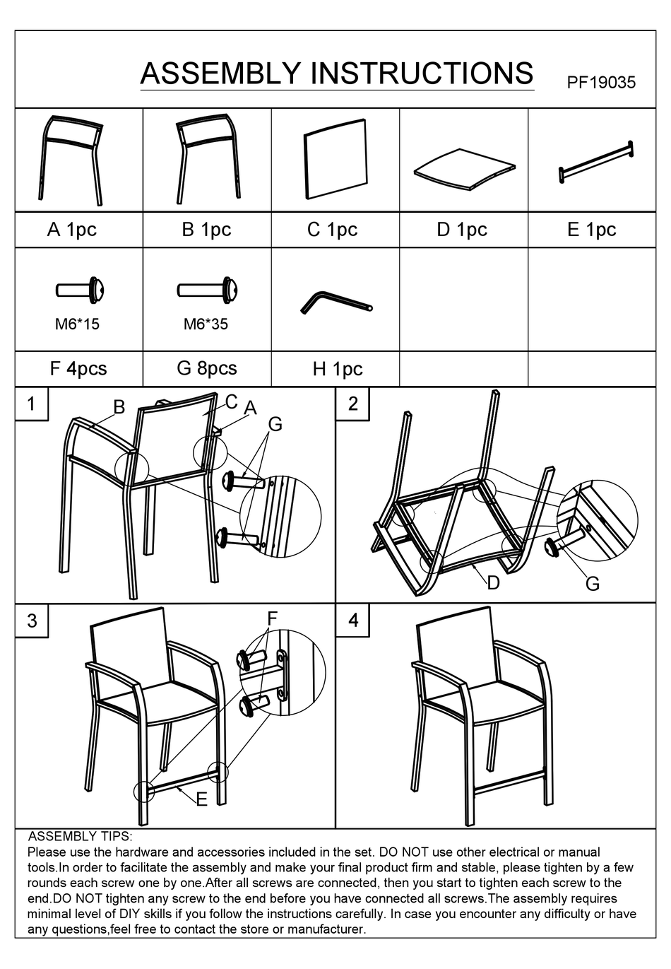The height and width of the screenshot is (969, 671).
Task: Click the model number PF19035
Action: point(601,82)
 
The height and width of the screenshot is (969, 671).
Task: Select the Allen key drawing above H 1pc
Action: point(336,302)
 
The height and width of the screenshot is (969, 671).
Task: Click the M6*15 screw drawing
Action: point(80,290)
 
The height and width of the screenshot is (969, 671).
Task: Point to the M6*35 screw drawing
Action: point(207,290)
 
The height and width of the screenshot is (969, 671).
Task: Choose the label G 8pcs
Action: point(207,368)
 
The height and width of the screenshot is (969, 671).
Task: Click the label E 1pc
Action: point(591,229)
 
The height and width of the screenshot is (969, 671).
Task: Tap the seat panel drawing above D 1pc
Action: point(464,169)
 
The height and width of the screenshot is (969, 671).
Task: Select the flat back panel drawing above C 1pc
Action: point(335,159)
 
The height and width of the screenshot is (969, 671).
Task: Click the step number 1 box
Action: point(32,404)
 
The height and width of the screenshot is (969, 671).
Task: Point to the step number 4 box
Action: point(352,621)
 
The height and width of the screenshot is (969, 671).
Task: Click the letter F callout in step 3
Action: point(272,618)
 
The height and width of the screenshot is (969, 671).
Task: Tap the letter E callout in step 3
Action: point(201,800)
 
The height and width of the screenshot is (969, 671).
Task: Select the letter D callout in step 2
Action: point(493,583)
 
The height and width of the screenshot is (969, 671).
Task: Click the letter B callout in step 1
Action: point(119,407)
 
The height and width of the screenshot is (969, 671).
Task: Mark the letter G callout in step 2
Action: point(593,584)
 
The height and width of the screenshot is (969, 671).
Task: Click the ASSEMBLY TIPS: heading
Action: point(81,836)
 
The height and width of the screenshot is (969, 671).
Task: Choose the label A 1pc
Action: point(72,229)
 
